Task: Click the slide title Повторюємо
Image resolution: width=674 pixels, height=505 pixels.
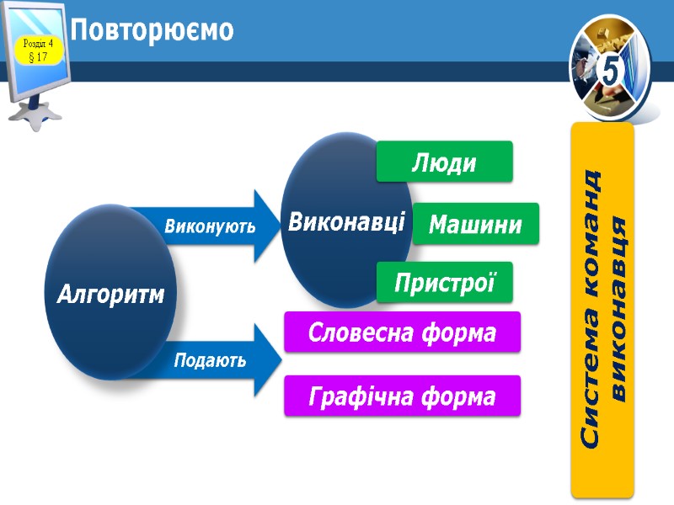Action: click(152, 31)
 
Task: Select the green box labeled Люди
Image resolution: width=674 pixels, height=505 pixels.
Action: click(444, 162)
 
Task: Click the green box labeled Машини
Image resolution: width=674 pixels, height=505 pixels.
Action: click(476, 224)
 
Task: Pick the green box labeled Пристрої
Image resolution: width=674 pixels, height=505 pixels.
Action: click(444, 283)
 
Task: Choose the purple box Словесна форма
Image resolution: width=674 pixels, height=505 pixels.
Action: click(402, 332)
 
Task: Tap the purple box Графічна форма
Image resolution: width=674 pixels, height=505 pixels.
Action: click(402, 396)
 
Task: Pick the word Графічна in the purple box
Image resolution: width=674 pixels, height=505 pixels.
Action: click(357, 396)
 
